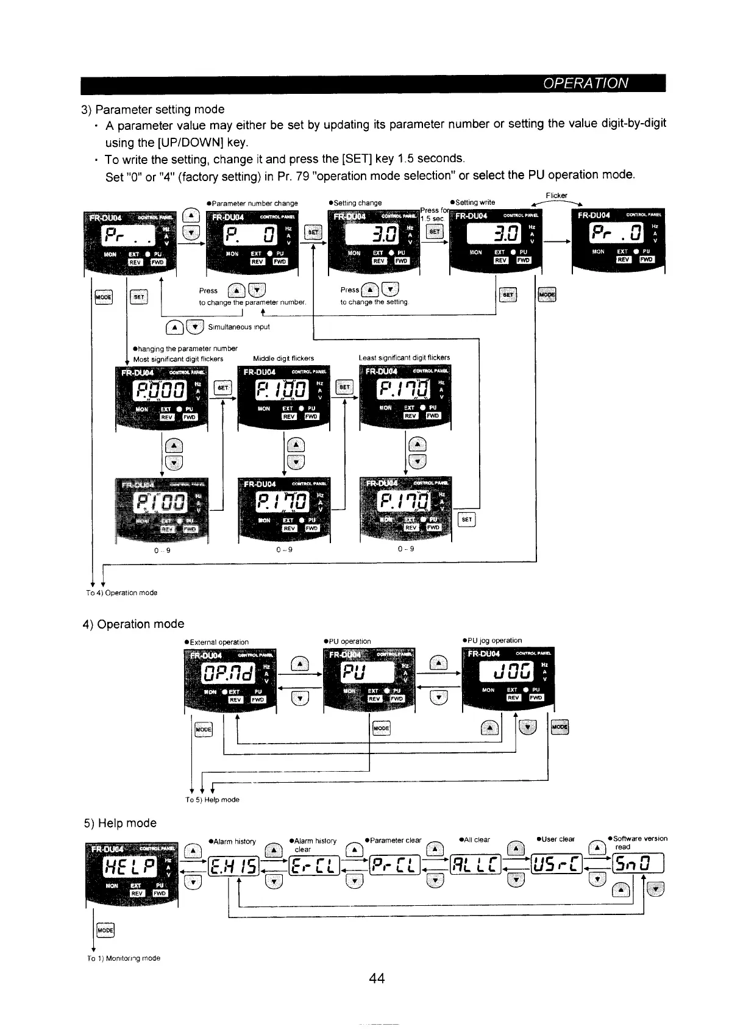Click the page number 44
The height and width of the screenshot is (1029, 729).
click(x=377, y=978)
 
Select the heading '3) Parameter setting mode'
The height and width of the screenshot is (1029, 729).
click(x=153, y=109)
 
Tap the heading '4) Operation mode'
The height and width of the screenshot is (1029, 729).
click(x=133, y=624)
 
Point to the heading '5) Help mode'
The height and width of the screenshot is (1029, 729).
click(x=120, y=823)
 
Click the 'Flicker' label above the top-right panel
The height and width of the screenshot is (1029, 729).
click(x=557, y=196)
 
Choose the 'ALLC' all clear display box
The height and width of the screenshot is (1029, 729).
click(x=475, y=864)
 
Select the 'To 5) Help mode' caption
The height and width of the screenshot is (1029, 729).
click(x=212, y=800)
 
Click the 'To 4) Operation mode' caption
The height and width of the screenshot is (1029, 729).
click(x=121, y=593)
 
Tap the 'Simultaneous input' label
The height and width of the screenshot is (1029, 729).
click(x=239, y=327)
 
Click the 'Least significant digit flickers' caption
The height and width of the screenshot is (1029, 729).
click(x=404, y=358)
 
